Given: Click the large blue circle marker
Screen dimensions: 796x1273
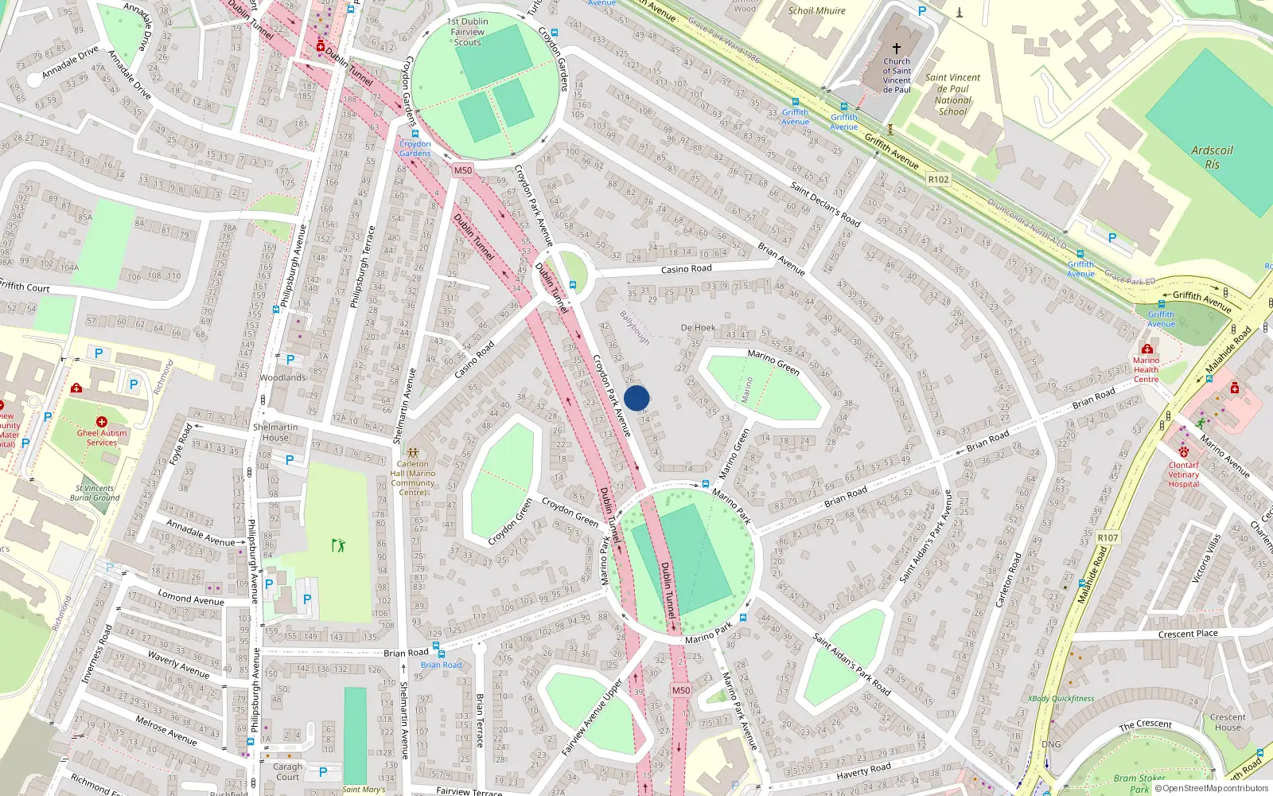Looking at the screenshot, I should [x=636, y=398].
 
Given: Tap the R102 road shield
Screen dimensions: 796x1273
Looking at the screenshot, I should [x=938, y=180].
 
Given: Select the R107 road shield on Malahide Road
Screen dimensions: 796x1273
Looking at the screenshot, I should [x=1108, y=537].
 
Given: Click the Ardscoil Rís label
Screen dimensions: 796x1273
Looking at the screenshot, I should [x=1212, y=157].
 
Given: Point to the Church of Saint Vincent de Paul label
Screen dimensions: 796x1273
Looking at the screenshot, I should [x=897, y=75].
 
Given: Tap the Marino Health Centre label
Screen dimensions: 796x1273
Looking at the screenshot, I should [x=1146, y=370].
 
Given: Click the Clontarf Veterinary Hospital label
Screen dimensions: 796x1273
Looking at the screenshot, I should [x=1183, y=474].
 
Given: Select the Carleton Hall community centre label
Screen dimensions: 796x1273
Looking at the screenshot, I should [x=412, y=478].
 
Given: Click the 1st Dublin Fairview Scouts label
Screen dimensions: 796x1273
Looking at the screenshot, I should [x=468, y=32].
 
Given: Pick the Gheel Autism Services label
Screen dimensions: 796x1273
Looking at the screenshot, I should [x=102, y=437].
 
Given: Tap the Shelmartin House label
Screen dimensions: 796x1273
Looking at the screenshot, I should [x=275, y=432].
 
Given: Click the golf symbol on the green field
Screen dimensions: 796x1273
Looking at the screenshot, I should [x=339, y=545].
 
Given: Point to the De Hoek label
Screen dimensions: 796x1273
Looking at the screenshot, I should [x=698, y=328].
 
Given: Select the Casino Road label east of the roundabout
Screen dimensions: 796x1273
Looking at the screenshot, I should [x=686, y=269].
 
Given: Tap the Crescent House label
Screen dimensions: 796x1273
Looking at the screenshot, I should [x=1228, y=722].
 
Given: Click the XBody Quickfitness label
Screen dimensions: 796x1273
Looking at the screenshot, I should [x=1061, y=699].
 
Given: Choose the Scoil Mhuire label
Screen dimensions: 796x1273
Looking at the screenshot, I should [x=816, y=11].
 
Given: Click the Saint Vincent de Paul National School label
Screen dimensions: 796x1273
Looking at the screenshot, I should [x=952, y=95].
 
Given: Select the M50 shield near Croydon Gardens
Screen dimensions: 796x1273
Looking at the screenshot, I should [x=463, y=170].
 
